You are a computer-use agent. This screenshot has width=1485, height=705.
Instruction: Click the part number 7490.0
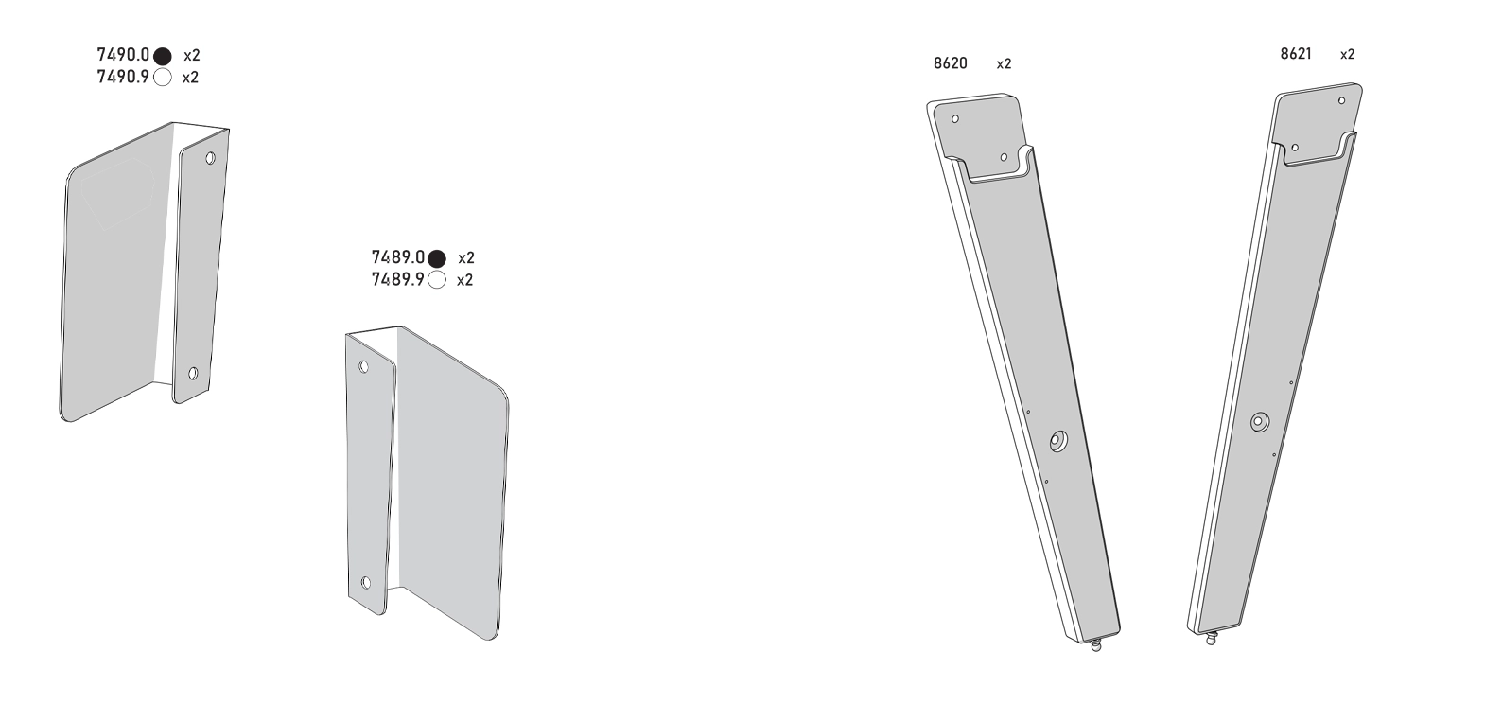click(123, 54)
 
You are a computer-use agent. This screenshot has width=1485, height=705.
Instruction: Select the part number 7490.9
click(123, 77)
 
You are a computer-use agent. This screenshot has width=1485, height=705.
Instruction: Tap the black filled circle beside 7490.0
click(163, 57)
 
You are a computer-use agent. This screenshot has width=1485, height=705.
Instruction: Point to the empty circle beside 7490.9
click(163, 78)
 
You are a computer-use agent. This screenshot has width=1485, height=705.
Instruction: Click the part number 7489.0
click(398, 256)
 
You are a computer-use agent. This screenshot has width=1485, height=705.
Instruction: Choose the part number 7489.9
click(398, 279)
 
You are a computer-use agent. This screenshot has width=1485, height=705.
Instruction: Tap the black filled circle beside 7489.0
click(437, 258)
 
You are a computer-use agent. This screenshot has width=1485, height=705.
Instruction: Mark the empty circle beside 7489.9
click(437, 280)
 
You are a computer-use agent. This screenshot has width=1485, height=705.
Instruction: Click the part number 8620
click(950, 63)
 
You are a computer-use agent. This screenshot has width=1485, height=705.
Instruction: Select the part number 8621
click(1296, 54)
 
